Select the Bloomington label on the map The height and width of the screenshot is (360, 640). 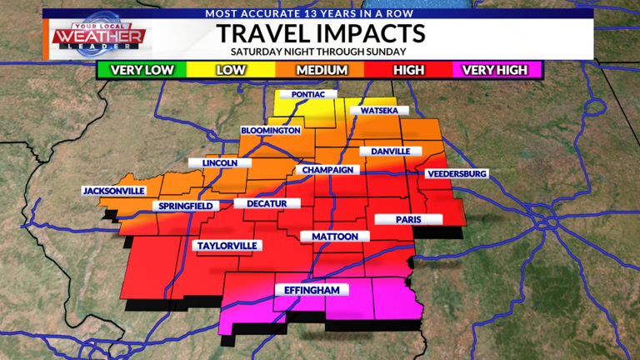pos(270,131)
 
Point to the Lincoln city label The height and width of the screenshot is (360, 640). pos(218,163)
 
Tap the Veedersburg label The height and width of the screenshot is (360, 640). pos(456,173)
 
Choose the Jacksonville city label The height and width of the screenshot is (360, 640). pos(114,191)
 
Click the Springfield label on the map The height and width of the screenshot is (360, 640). pos(186,206)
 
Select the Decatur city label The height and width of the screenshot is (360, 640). pos(261,203)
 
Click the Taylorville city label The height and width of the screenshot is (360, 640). pos(227,246)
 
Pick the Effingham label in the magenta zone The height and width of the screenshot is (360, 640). pos(311,290)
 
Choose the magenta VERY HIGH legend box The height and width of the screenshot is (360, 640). pos(496,71)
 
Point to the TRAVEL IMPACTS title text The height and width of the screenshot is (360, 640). pos(321,33)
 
